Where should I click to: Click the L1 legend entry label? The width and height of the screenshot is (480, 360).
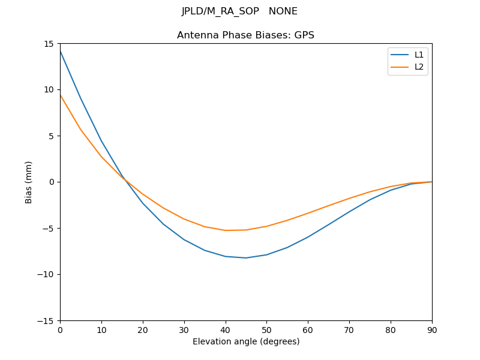coord(419,55)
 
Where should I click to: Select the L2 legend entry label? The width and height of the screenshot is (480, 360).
coord(419,67)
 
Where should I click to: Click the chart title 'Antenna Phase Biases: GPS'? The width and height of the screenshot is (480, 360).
coord(245,35)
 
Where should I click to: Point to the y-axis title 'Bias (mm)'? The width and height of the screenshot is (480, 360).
coord(29,182)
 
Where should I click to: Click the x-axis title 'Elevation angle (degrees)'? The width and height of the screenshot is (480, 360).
coord(246,342)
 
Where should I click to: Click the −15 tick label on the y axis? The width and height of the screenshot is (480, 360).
coord(47,320)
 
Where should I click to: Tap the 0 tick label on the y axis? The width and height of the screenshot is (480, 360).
coord(52,182)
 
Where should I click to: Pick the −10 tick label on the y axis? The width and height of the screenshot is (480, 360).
coord(47,274)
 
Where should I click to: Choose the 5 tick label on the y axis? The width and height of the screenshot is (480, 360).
coord(52,136)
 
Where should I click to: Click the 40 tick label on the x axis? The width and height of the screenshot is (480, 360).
coord(226,329)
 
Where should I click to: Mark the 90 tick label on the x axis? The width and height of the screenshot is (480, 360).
coord(432,329)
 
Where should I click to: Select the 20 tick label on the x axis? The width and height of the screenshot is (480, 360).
coord(143,329)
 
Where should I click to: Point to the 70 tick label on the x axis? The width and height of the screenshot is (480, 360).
coord(349,329)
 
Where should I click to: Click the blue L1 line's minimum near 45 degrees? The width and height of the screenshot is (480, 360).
coord(246,258)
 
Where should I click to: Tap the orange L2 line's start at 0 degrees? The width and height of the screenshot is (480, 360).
coord(61,95)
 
